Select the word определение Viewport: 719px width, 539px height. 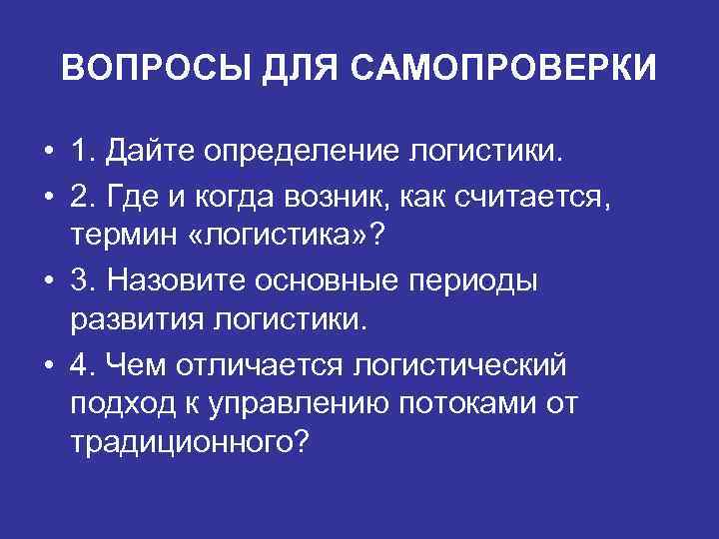tap(301, 155)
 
